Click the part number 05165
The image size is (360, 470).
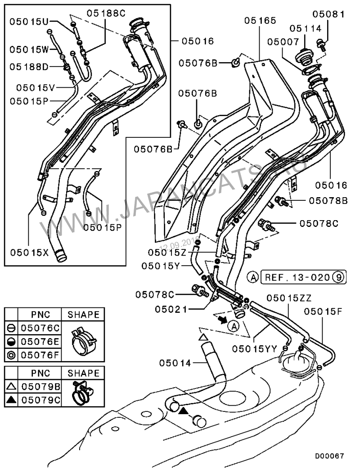click(260, 20)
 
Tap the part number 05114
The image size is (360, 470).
click(306, 28)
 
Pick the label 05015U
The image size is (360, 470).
click(30, 21)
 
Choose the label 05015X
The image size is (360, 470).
click(29, 253)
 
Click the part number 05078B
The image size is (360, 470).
click(328, 200)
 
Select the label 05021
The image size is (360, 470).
click(171, 309)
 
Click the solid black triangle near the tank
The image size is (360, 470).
click(184, 411)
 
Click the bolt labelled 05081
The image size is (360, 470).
click(321, 44)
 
